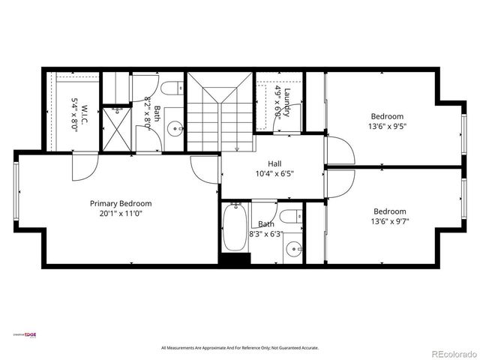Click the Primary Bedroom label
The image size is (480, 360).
(x=121, y=203)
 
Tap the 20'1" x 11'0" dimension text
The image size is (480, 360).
(x=121, y=214)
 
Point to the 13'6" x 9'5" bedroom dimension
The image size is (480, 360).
(x=387, y=127)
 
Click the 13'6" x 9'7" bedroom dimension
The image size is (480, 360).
(x=389, y=222)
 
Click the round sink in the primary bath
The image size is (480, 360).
(x=174, y=128)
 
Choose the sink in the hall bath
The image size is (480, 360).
(x=296, y=248)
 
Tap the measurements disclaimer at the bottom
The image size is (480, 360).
(x=240, y=348)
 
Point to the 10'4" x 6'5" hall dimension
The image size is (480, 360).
(x=274, y=174)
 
